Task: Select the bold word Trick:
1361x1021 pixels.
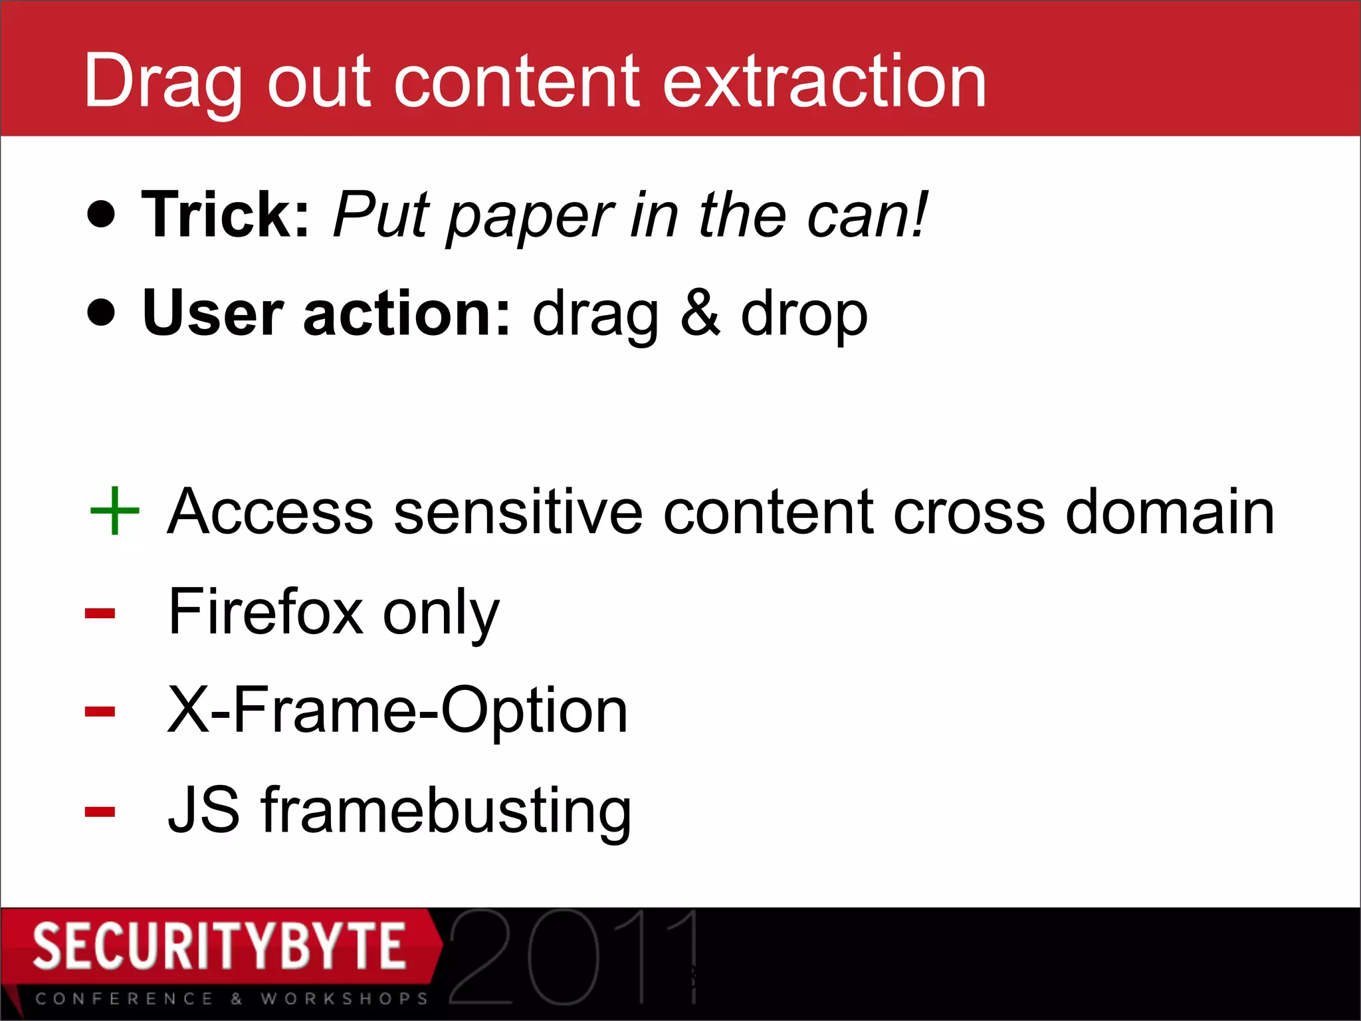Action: pos(225,214)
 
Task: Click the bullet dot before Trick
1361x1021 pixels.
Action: pos(101,214)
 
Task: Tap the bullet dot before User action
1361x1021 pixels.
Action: pos(101,312)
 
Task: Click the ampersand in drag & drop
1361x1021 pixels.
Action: pos(699,312)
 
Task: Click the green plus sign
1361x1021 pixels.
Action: pos(114,510)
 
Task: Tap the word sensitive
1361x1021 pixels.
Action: pos(518,512)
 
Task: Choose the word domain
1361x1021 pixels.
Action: pos(1170,512)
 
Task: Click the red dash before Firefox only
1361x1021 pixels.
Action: pos(100,613)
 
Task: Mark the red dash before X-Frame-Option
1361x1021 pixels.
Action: pos(100,712)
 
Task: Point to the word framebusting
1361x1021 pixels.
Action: pos(446,811)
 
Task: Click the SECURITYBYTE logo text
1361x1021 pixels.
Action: pos(219,946)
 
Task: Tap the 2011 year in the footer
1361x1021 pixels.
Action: pos(573,957)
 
